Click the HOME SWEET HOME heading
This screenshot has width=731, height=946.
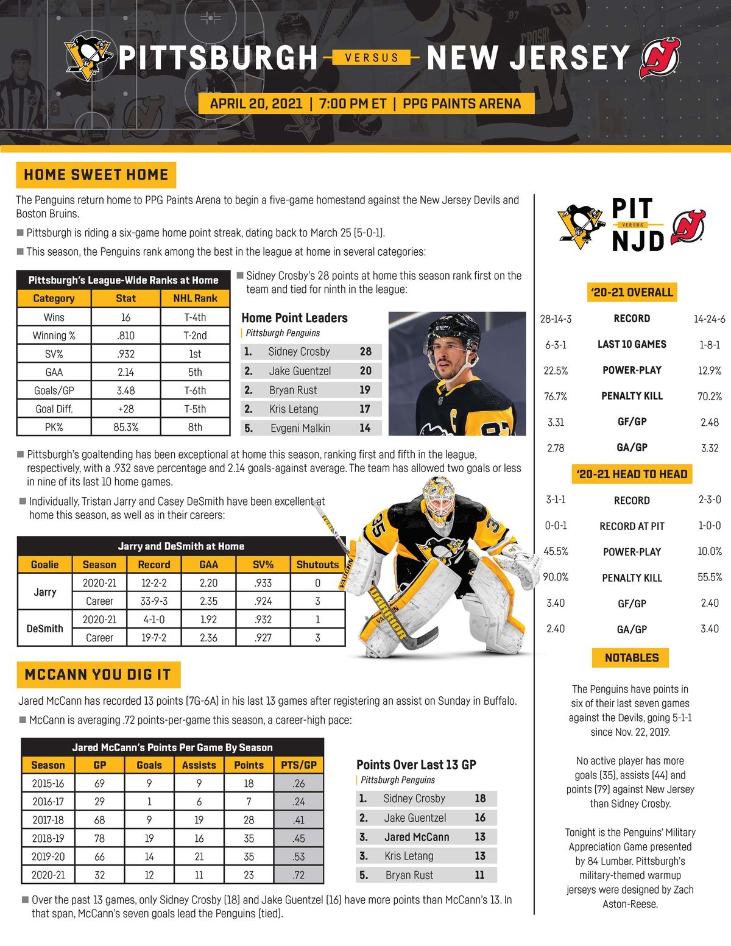96,175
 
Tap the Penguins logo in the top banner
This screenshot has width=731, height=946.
89,58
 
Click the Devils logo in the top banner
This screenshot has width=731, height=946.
659,58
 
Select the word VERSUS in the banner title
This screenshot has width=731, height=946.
372,58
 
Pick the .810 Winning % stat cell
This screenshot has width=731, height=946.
125,336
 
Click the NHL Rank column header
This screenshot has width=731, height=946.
195,298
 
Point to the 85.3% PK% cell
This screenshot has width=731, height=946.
125,427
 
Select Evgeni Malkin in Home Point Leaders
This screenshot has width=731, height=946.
300,428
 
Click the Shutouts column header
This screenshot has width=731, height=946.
317,565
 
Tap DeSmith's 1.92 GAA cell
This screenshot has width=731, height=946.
208,619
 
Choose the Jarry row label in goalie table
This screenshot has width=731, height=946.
44,592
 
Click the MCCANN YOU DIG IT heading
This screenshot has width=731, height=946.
97,674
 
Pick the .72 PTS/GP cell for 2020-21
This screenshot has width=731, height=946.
298,875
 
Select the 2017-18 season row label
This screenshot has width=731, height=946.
48,820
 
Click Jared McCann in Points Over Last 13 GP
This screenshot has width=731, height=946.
417,837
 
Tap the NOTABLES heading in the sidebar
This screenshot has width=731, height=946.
632,658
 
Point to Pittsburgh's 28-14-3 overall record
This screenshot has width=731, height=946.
556,319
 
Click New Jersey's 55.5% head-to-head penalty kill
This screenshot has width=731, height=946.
710,577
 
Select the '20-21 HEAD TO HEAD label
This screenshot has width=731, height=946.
632,474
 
